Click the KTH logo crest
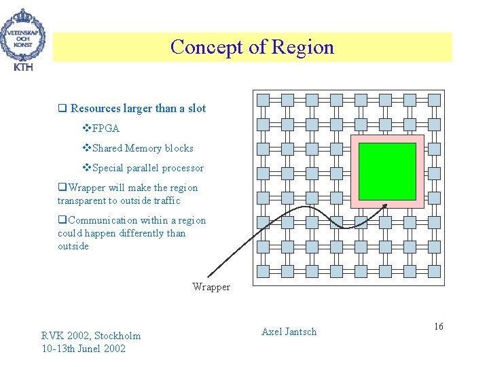(24, 34)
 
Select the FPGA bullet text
(105, 128)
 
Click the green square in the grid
(386, 171)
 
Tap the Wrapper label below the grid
(211, 287)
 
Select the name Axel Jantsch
(289, 332)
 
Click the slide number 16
(439, 327)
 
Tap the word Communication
(103, 220)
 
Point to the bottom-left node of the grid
(264, 271)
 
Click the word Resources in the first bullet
(96, 108)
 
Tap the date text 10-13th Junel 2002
(83, 348)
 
